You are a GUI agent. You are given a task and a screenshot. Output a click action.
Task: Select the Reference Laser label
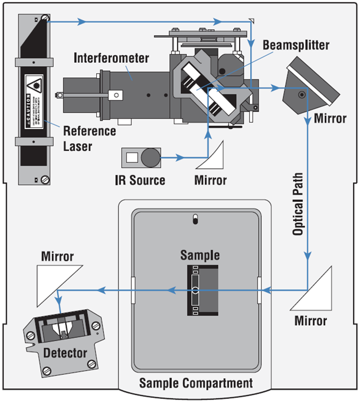pyautogui.click(x=89, y=139)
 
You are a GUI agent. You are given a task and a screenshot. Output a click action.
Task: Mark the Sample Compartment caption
pyautogui.click(x=196, y=382)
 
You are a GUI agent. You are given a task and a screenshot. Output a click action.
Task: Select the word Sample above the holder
pyautogui.click(x=196, y=255)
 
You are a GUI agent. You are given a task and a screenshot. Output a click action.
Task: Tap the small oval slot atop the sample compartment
pyautogui.click(x=195, y=219)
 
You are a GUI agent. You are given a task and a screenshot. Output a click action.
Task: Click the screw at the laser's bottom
pyautogui.click(x=46, y=178)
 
